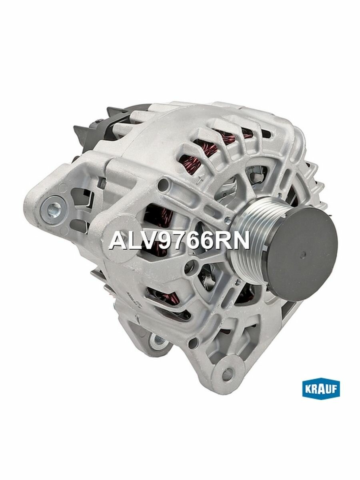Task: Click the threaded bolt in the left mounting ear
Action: (53, 208)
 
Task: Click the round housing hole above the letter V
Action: (162, 185)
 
